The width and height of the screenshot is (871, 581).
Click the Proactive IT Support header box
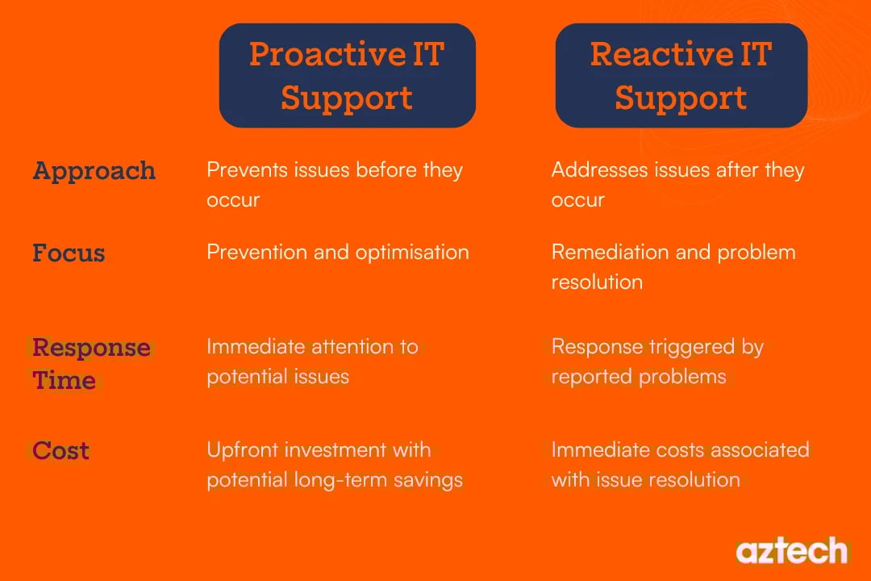pyautogui.click(x=347, y=76)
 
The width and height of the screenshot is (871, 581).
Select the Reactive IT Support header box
pyautogui.click(x=681, y=76)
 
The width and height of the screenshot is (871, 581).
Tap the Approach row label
pyautogui.click(x=94, y=171)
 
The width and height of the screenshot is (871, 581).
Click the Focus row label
pyautogui.click(x=69, y=253)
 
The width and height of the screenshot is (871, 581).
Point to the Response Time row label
pyautogui.click(x=90, y=364)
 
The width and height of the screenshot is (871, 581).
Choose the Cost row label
pyautogui.click(x=60, y=450)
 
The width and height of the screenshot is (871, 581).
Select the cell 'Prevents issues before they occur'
pyautogui.click(x=334, y=185)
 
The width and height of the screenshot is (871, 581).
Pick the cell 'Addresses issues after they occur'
pyautogui.click(x=677, y=185)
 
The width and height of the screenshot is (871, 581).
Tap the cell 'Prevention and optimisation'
pyautogui.click(x=337, y=252)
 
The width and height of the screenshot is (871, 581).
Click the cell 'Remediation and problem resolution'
pyautogui.click(x=673, y=266)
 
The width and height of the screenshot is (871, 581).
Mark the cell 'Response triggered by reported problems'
pyautogui.click(x=656, y=362)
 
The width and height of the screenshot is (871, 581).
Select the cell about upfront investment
pyautogui.click(x=334, y=465)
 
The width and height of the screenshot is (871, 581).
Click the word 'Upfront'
pyautogui.click(x=239, y=450)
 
